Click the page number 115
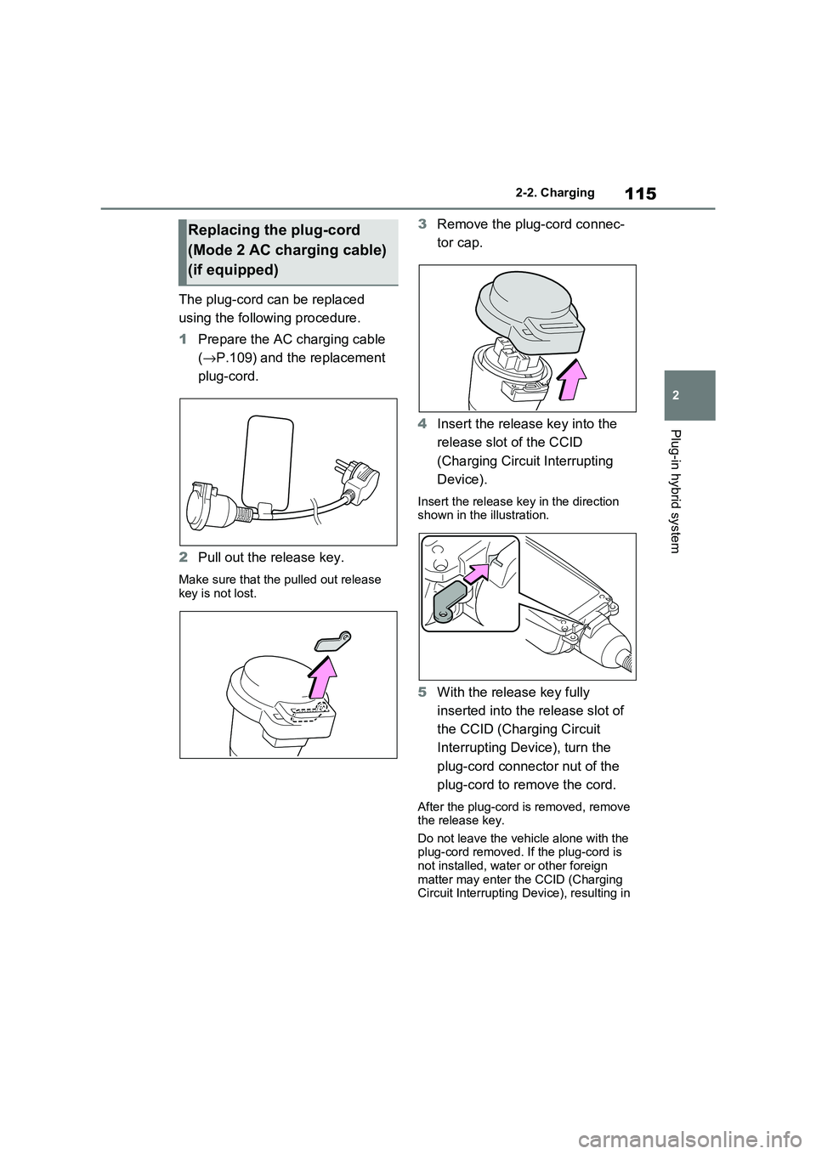[640, 194]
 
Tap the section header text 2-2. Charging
[555, 193]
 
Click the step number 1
[184, 340]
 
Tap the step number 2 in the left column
[184, 558]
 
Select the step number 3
[422, 224]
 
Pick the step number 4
[422, 424]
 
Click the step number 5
[422, 693]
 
